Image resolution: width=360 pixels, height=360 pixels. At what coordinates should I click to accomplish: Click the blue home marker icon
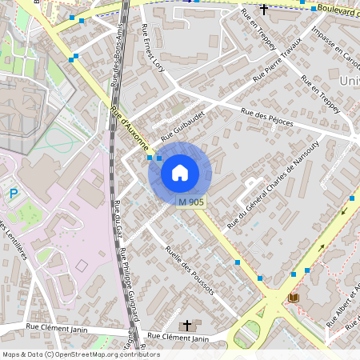point(180,173)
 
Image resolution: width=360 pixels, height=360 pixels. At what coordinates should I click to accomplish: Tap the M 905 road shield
point(192,202)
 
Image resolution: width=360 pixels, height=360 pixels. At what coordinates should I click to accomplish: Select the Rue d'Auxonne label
point(130,129)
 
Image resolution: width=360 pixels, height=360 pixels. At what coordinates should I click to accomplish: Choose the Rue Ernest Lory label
point(153,48)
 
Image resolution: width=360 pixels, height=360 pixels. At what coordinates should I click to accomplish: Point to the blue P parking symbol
point(14,193)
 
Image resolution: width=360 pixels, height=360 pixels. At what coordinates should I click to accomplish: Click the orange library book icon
point(293,298)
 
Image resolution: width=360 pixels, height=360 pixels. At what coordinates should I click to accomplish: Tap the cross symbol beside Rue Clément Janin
point(188,325)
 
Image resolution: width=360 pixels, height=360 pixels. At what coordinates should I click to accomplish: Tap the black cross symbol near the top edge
point(263,8)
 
